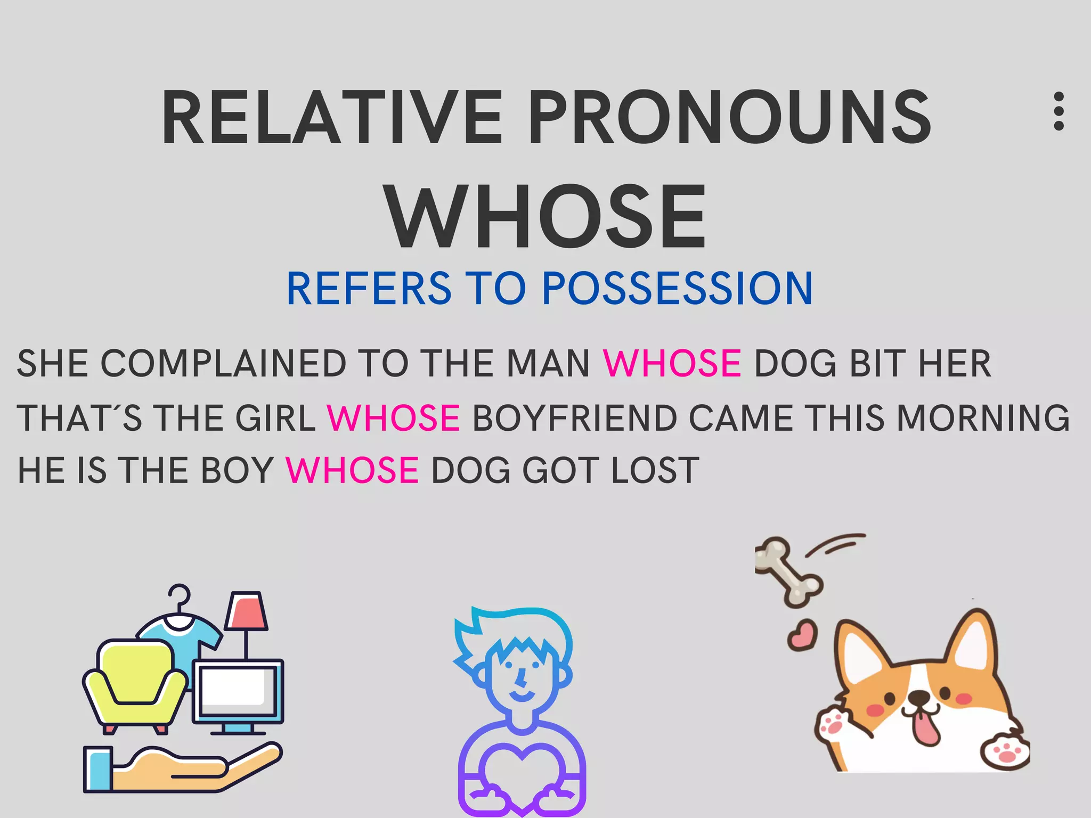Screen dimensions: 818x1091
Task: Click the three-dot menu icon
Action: point(1059,111)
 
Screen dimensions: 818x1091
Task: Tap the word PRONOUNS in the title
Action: point(730,118)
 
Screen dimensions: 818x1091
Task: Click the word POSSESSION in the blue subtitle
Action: point(677,289)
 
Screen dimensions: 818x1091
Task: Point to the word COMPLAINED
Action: point(224,364)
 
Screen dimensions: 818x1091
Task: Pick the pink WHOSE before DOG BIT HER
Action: point(672,364)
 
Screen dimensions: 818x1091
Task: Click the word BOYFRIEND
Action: point(574,418)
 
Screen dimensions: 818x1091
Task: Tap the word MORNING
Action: point(983,418)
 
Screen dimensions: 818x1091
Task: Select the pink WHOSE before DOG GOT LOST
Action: point(352,470)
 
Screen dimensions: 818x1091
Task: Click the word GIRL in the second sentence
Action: point(276,418)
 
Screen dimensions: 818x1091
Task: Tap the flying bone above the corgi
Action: point(789,572)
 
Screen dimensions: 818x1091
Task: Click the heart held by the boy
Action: point(522,772)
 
